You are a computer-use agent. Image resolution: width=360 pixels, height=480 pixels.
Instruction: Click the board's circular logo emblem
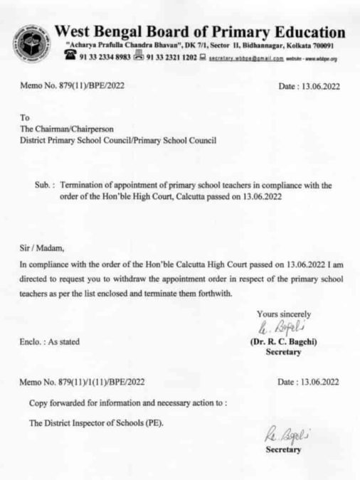[29, 42]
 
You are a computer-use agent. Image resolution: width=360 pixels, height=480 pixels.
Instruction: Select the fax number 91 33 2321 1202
[171, 60]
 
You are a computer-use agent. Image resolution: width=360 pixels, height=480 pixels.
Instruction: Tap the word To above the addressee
[26, 118]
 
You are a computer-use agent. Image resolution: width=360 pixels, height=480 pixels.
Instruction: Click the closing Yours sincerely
[285, 314]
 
